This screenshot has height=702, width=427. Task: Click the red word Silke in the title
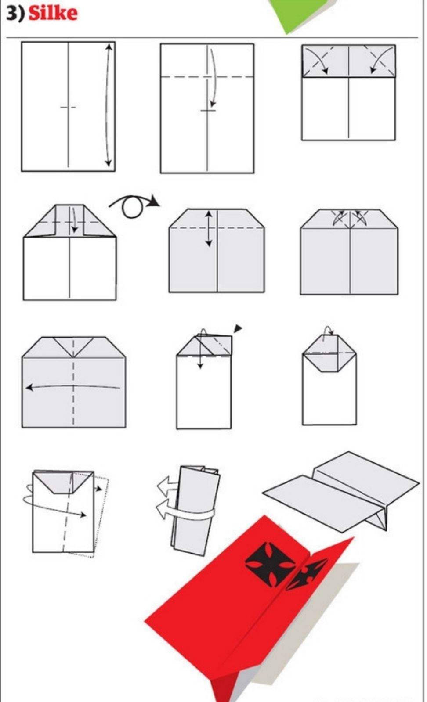pos(53,13)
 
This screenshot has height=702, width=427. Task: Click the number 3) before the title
pos(15,14)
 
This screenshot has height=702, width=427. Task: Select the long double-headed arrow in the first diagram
pos(108,105)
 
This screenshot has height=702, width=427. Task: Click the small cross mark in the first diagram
pos(68,108)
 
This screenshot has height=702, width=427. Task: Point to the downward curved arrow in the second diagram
pos(213,78)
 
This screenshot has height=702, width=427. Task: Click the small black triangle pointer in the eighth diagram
pos(238,328)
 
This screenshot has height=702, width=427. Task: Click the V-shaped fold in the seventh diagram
pos(73,347)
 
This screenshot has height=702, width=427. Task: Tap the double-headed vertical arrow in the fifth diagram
pos(209,228)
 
